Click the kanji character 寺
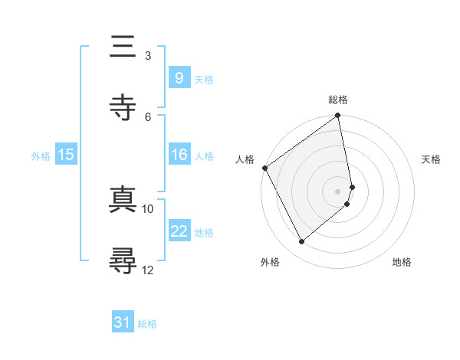tap(123, 108)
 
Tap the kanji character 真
tap(123, 198)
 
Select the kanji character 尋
tap(123, 260)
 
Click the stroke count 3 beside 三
tap(147, 55)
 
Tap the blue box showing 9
tap(179, 77)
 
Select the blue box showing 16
tap(179, 155)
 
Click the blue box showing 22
tap(179, 231)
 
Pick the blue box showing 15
tap(65, 155)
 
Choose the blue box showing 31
tap(122, 323)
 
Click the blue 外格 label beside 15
tap(41, 155)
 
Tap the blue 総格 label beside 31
tap(147, 324)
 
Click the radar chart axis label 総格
tap(338, 100)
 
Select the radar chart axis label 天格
tap(431, 159)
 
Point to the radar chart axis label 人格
tap(245, 159)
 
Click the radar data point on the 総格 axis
tap(338, 116)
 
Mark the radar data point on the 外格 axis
tap(302, 242)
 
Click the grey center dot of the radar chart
tap(338, 191)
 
